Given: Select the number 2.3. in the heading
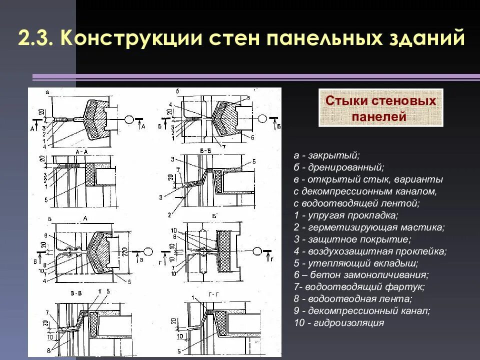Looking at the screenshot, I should (x=38, y=38).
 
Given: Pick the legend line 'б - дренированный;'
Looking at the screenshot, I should (x=339, y=167).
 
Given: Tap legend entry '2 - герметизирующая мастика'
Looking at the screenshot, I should (x=369, y=227).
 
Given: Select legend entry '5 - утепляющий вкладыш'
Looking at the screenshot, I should (x=356, y=263).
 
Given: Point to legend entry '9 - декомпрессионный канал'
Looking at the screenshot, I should (x=362, y=311).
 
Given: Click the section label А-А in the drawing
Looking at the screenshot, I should (x=82, y=150).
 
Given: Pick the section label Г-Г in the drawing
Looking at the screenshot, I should (x=209, y=295).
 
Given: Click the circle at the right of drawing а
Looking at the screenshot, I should (x=128, y=120).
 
